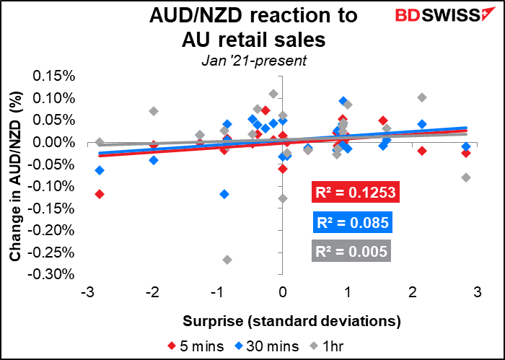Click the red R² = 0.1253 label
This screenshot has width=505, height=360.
click(x=356, y=192)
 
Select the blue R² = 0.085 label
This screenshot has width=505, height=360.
click(x=353, y=222)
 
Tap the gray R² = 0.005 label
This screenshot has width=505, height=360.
click(x=351, y=251)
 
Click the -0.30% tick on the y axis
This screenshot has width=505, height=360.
click(x=51, y=275)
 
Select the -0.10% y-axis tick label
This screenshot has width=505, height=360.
click(x=51, y=186)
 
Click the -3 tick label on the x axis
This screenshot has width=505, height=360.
click(x=88, y=293)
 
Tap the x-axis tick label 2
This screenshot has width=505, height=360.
click(x=412, y=293)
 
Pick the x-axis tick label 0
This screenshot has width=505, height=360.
click(x=283, y=293)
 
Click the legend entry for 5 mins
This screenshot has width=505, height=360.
click(x=196, y=346)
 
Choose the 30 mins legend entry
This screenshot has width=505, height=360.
click(x=266, y=346)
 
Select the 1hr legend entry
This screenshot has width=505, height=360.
click(x=326, y=346)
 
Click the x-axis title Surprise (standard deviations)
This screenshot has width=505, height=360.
click(x=292, y=321)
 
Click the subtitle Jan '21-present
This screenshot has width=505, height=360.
click(x=254, y=61)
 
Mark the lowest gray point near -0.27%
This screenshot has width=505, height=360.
click(x=227, y=260)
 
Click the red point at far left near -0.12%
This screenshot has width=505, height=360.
click(x=100, y=194)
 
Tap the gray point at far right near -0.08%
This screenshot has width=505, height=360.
click(x=466, y=177)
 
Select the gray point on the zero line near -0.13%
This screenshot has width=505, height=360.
click(x=283, y=198)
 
